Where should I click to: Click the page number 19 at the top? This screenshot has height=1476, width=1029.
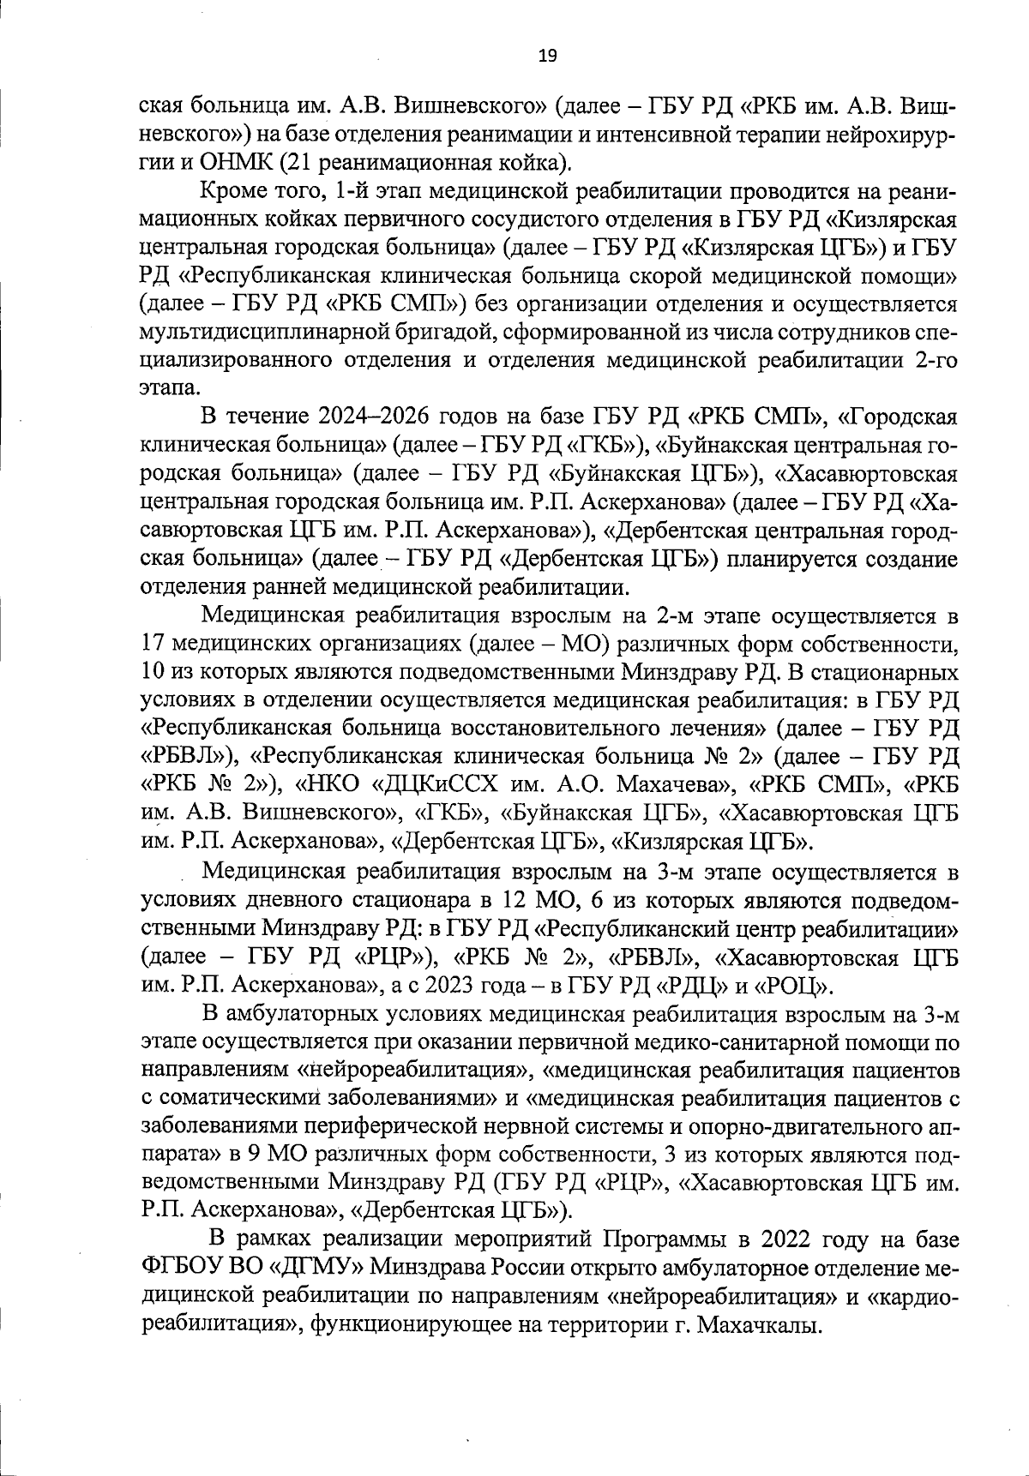point(547,57)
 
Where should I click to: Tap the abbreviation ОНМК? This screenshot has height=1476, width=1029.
point(233,161)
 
